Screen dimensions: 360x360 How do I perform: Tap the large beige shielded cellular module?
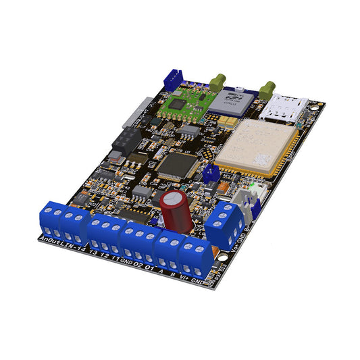(x=256, y=146)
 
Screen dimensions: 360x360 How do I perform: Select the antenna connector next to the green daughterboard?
(x=217, y=82)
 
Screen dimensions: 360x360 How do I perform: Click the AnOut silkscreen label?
(x=50, y=240)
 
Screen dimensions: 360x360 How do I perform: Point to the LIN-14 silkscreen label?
(x=74, y=247)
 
